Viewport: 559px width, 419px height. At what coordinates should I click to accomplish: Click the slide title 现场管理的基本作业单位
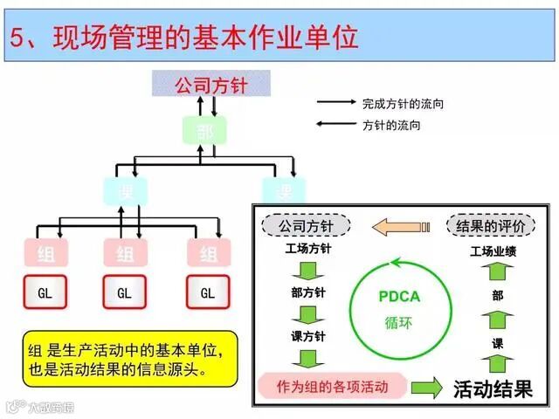(196, 38)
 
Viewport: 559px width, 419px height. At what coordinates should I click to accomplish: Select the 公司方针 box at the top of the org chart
(211, 85)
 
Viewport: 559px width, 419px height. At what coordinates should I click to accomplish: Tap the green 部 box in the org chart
(205, 131)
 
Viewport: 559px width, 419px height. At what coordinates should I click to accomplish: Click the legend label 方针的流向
(391, 125)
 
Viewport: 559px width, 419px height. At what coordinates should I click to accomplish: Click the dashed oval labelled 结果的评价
(490, 226)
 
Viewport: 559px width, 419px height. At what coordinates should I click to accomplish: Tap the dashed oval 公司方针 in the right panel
(306, 226)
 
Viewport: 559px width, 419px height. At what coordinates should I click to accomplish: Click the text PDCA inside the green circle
(398, 296)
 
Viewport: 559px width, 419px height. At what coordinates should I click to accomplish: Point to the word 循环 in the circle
(398, 321)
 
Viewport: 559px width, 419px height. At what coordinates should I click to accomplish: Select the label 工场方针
(307, 249)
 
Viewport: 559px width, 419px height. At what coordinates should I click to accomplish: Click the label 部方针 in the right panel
(307, 292)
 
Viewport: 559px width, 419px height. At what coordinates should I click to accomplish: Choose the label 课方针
(307, 336)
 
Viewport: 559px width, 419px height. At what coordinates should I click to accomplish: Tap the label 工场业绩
(495, 252)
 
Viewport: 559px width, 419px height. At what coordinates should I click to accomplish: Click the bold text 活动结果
(493, 388)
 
